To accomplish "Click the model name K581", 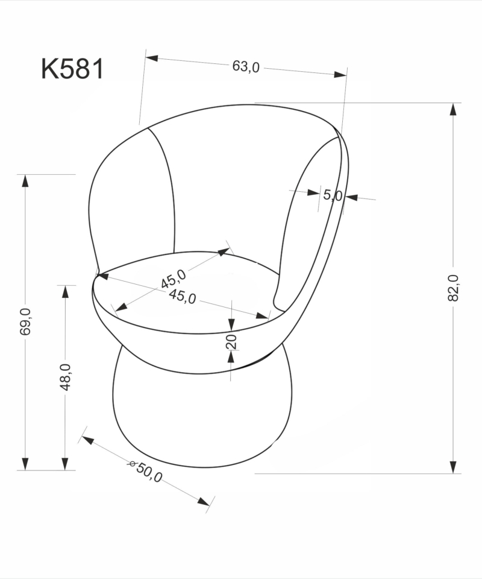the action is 72,69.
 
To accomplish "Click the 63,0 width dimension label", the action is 246,66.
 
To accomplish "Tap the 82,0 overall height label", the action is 453,288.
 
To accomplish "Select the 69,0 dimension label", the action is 25,321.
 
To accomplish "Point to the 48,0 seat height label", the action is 65,377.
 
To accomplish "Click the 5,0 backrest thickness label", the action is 333,195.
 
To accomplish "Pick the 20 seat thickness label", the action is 231,342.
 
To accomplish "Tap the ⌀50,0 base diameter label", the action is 145,471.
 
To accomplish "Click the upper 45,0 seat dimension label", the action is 174,279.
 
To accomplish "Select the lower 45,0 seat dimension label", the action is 183,297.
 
